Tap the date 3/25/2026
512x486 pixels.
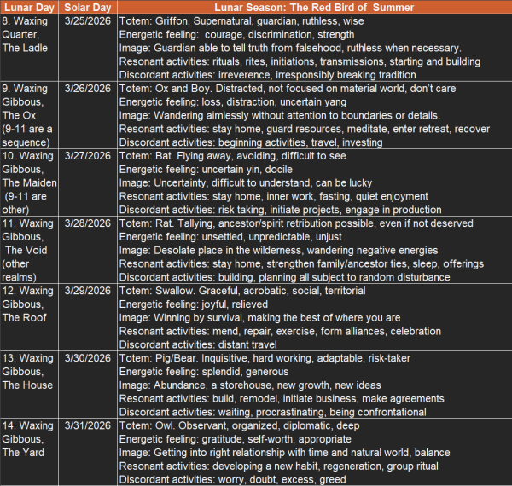(x=88, y=22)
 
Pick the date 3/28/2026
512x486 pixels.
(x=88, y=223)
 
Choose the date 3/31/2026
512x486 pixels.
(x=88, y=425)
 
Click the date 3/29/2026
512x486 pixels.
(x=88, y=291)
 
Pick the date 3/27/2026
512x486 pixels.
(x=88, y=156)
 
